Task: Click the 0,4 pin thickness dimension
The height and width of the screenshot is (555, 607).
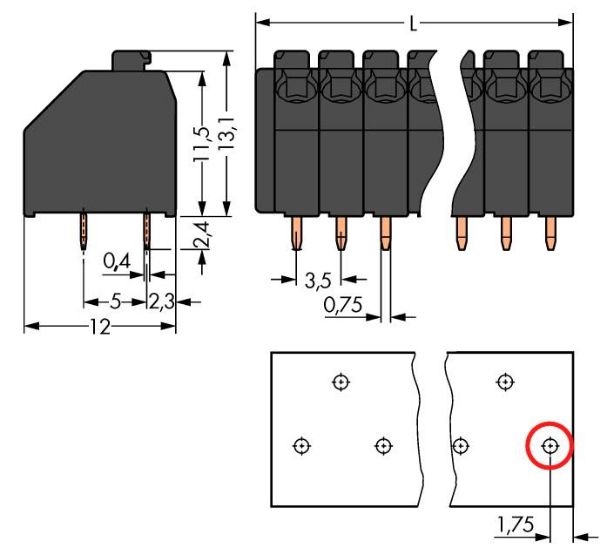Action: tap(116, 261)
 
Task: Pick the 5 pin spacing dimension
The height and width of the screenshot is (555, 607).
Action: tap(115, 302)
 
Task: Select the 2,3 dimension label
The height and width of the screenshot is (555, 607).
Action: tap(163, 302)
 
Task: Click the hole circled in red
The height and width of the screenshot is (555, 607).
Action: tap(550, 446)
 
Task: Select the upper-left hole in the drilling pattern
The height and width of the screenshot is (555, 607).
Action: tap(341, 382)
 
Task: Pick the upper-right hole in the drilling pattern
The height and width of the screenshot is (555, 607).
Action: tap(504, 382)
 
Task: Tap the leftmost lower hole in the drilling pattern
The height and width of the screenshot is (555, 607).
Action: tap(301, 446)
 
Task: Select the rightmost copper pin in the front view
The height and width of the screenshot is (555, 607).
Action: tap(550, 233)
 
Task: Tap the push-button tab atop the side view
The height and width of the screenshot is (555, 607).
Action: tap(131, 59)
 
